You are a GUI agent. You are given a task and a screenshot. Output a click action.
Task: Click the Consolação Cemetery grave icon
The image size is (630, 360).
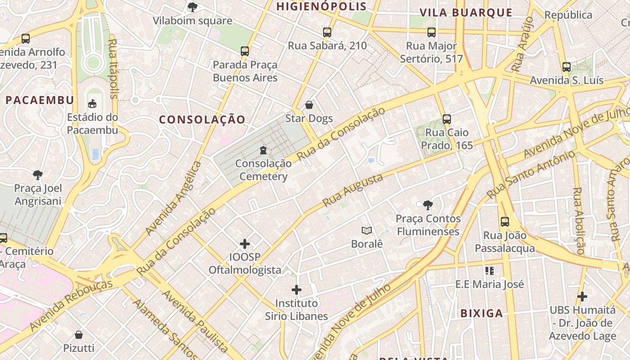point(263,150)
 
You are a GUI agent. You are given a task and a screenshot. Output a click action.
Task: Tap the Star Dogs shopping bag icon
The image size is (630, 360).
point(309,105)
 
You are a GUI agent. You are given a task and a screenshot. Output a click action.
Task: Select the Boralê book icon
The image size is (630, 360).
point(367,231)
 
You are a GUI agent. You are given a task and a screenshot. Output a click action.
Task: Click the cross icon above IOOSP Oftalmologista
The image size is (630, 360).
point(245,244)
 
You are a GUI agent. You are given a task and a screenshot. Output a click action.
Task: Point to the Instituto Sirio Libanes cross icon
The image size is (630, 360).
point(297,289)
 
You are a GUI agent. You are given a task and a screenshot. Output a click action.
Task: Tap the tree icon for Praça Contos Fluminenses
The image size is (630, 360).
point(427,205)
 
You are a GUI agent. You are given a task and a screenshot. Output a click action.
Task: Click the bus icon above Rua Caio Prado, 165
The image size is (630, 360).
point(447,119)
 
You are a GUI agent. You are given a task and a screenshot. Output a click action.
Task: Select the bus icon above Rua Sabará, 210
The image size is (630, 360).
point(327,32)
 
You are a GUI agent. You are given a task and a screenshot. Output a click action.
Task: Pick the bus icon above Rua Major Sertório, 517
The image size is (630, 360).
point(432,32)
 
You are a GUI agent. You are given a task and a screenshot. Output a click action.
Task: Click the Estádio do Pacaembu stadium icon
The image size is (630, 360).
point(92,103)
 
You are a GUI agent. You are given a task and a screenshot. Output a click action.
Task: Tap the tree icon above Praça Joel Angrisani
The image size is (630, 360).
point(38,175)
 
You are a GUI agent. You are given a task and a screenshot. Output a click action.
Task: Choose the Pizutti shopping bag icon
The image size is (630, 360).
point(79,335)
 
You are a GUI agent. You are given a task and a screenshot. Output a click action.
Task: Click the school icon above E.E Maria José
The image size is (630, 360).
point(490,270)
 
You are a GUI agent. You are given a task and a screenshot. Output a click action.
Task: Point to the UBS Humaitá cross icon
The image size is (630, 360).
point(582,297)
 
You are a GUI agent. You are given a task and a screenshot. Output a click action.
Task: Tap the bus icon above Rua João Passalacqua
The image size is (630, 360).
point(505,222)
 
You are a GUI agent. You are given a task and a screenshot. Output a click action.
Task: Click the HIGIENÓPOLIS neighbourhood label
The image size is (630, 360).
point(321,6)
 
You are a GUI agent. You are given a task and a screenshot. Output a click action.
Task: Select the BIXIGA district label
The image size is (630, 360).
point(481,313)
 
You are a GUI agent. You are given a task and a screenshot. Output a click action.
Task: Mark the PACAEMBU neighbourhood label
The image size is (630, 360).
point(40,100)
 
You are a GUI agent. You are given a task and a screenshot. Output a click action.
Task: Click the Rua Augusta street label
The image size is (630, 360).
point(353,190)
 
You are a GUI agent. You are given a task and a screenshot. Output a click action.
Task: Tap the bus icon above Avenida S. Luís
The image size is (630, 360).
point(567,67)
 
